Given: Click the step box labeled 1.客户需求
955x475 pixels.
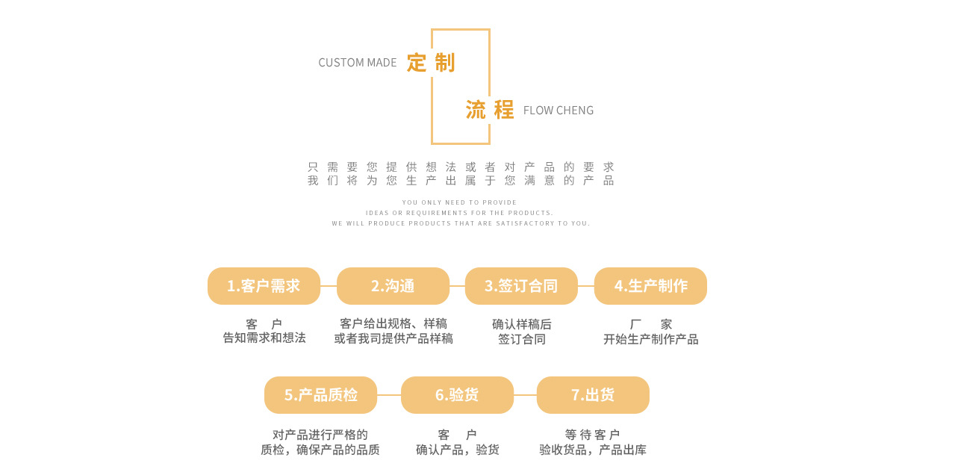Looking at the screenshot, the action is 264,286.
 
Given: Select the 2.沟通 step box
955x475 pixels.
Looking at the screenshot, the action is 393,286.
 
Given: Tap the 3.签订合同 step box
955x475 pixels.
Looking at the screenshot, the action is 521,286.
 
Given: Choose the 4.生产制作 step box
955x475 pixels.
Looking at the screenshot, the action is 650,286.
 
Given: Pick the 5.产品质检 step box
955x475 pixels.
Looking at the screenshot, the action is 320,395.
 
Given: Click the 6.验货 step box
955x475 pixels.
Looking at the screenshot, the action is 457,395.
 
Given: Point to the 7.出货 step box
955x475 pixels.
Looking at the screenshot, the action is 593,395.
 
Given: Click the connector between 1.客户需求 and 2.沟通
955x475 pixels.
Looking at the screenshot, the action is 329,286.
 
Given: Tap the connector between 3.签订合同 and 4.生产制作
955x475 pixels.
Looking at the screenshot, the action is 586,286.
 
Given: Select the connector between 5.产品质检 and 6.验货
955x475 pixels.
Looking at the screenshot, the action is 389,395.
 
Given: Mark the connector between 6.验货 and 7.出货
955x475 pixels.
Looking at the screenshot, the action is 525,395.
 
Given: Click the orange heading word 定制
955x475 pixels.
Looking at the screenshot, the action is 431,63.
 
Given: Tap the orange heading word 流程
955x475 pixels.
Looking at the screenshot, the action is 490,110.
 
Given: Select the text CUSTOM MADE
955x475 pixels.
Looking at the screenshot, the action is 358,63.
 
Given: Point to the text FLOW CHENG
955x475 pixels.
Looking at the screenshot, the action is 559,111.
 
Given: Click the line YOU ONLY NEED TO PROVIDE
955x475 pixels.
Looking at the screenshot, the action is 459,202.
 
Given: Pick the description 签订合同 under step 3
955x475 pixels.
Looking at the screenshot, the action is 522,339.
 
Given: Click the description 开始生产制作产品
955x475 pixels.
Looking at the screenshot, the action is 650,339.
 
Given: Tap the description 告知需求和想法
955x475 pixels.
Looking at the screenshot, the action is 264,338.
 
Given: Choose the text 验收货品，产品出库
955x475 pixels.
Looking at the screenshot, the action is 593,450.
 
